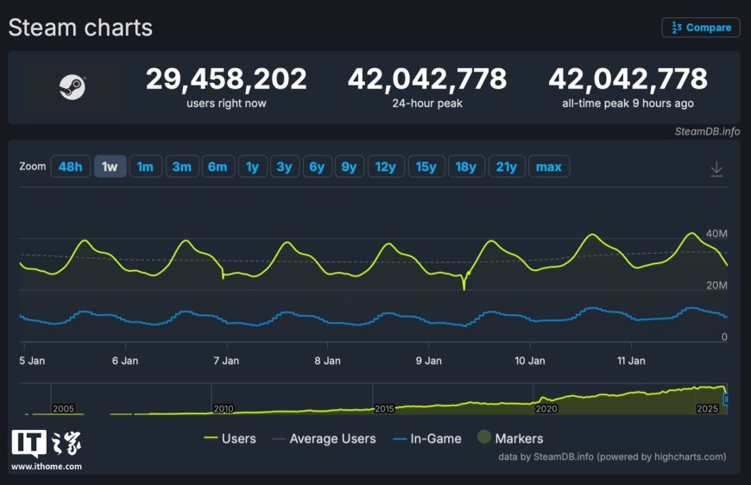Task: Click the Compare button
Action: [x=701, y=28]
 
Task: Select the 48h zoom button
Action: [x=70, y=167]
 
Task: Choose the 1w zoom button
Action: [x=110, y=167]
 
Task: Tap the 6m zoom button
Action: [x=217, y=167]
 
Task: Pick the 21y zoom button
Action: [x=506, y=167]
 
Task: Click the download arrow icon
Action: [x=716, y=169]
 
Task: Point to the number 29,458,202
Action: [x=226, y=79]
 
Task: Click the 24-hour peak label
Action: [x=427, y=104]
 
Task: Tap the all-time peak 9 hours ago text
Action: [x=628, y=104]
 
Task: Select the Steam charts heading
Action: [x=80, y=28]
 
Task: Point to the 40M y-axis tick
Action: [x=717, y=234]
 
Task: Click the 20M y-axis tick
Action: [x=717, y=286]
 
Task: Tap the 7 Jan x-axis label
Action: [x=226, y=361]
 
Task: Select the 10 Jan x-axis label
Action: [x=529, y=361]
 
